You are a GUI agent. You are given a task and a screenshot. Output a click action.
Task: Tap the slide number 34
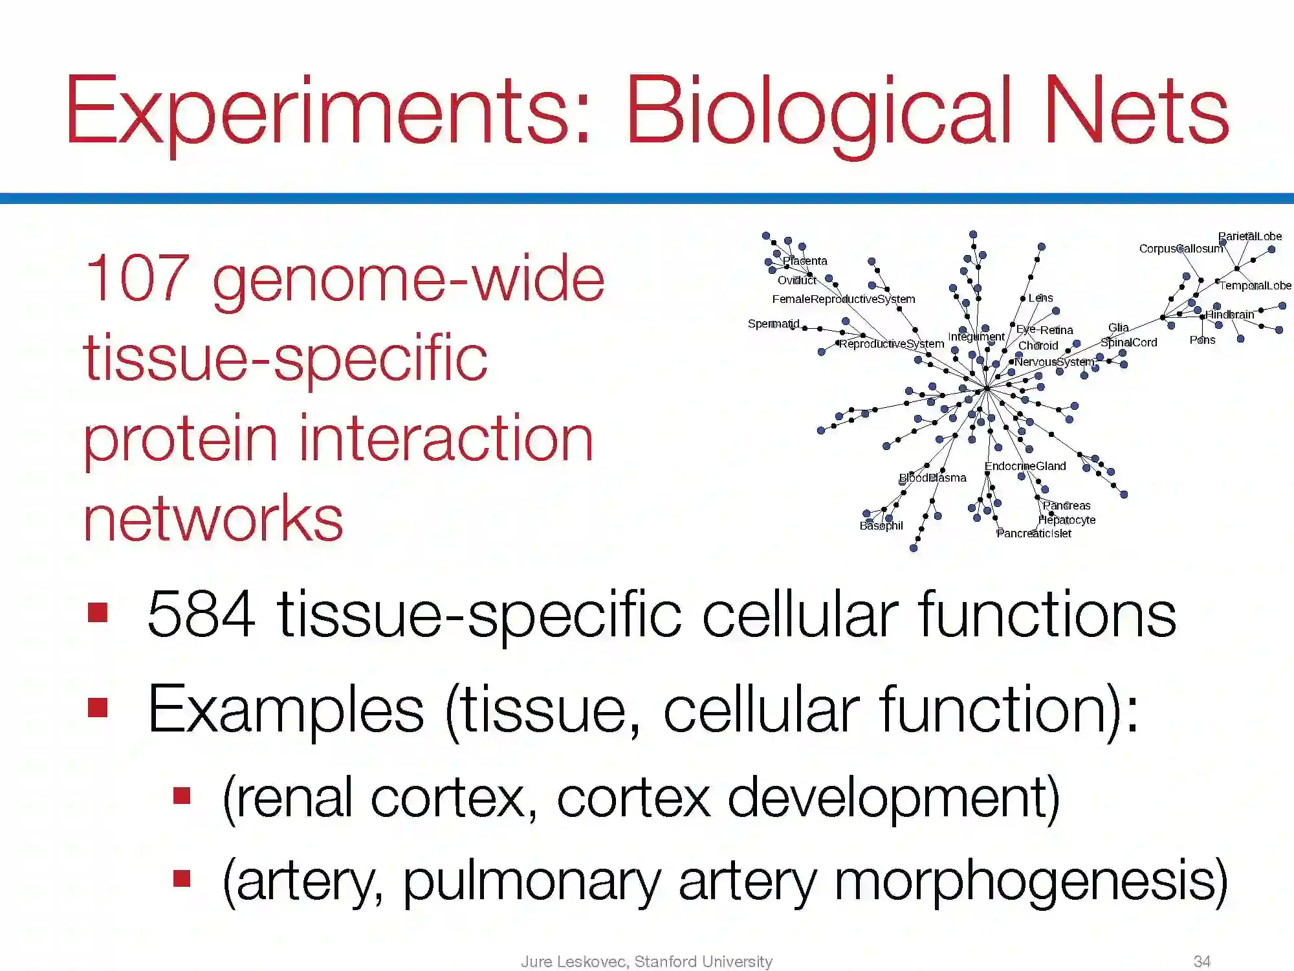click(x=1202, y=961)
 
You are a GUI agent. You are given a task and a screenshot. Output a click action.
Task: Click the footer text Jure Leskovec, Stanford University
click(x=646, y=961)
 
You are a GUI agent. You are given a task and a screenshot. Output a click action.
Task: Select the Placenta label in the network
click(x=805, y=261)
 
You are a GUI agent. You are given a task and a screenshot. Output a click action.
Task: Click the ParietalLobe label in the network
click(x=1250, y=236)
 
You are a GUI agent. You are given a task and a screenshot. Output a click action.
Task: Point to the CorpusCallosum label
click(x=1181, y=249)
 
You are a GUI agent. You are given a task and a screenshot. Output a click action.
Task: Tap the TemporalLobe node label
click(x=1255, y=285)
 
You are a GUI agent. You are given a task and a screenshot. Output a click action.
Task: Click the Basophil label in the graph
click(x=881, y=526)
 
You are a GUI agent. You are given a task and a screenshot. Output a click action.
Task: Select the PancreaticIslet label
click(x=1034, y=533)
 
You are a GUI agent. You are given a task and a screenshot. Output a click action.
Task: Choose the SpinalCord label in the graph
click(x=1128, y=342)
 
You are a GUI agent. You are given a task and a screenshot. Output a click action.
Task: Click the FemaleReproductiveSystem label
click(x=844, y=299)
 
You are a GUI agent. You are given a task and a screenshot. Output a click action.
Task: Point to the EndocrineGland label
click(x=1025, y=466)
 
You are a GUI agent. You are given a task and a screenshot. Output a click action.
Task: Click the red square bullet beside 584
click(x=98, y=612)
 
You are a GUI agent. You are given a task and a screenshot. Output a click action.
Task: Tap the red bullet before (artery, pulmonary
click(x=182, y=878)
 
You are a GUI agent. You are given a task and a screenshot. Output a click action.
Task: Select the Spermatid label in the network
click(x=774, y=324)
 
